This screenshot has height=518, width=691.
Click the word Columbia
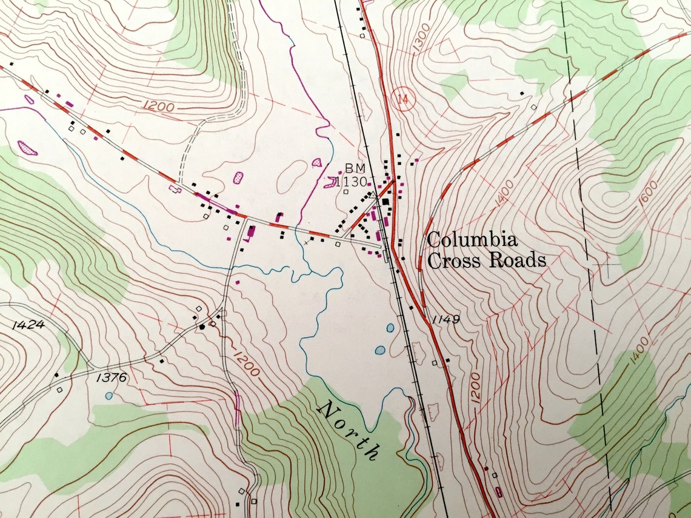coord(472,240)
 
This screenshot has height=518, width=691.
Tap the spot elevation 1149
coord(447,319)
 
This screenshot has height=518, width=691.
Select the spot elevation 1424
coord(28,325)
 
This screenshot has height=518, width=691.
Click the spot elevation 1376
coord(111,377)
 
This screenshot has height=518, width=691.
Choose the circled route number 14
coord(402,99)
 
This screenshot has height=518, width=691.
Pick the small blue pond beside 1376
coord(108,396)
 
